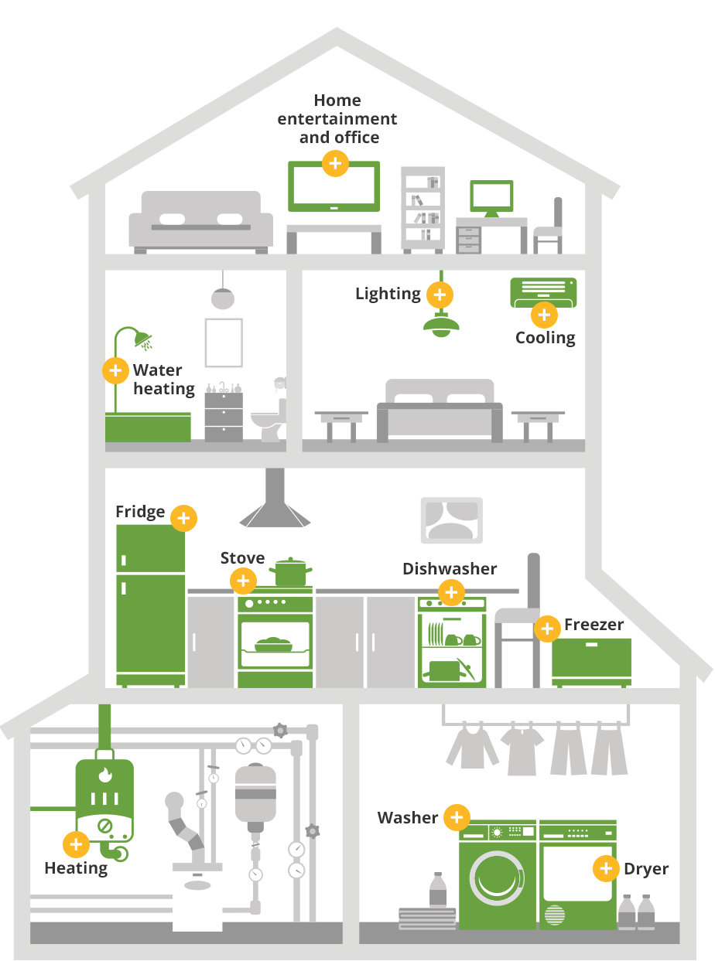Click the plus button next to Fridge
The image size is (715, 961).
pyautogui.click(x=183, y=518)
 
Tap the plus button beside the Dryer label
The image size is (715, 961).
pyautogui.click(x=606, y=868)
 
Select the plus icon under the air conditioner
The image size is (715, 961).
pyautogui.click(x=544, y=315)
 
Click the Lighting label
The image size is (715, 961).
pyautogui.click(x=388, y=295)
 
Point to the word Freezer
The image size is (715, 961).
pyautogui.click(x=594, y=625)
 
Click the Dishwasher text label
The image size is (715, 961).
pyautogui.click(x=450, y=568)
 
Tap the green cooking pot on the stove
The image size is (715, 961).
pyautogui.click(x=290, y=571)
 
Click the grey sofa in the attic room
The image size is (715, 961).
pyautogui.click(x=201, y=222)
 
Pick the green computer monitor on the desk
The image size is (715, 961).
pyautogui.click(x=491, y=198)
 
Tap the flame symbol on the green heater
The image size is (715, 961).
pyautogui.click(x=105, y=774)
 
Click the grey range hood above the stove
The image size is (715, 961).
pyautogui.click(x=275, y=497)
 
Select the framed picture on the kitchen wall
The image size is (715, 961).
pyautogui.click(x=452, y=520)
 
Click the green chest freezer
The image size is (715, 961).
pyautogui.click(x=591, y=663)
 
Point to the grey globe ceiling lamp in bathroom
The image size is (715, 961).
pyautogui.click(x=223, y=298)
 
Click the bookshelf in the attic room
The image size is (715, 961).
pyautogui.click(x=422, y=210)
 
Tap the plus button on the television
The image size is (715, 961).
pyautogui.click(x=335, y=163)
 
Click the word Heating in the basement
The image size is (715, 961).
pyautogui.click(x=76, y=868)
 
